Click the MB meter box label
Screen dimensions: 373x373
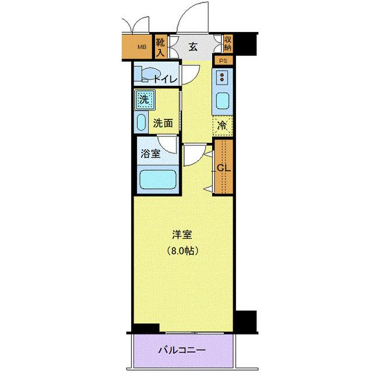coord(142,46)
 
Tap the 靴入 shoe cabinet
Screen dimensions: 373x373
coord(160,46)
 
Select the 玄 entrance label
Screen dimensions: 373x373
coord(193,47)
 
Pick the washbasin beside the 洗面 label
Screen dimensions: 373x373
coord(142,122)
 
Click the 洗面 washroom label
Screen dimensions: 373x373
coord(163,123)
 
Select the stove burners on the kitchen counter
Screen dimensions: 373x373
coord(223,76)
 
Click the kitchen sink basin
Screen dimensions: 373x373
coord(223,100)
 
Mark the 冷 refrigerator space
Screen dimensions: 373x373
coord(223,125)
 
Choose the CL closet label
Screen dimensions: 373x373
coord(223,168)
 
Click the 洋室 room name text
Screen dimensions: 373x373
coord(182,235)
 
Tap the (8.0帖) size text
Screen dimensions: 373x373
coord(182,251)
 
